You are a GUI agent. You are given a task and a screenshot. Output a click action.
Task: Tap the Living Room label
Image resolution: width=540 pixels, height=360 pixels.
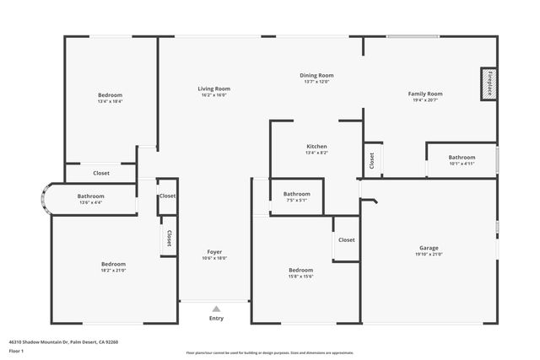pos(213,89)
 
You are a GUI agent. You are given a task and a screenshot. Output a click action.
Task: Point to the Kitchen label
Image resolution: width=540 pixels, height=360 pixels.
pos(316,147)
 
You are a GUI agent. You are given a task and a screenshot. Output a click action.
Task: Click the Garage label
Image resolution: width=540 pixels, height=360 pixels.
pos(428,248)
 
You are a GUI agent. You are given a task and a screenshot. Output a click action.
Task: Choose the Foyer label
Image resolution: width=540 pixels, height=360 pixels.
pos(215,252)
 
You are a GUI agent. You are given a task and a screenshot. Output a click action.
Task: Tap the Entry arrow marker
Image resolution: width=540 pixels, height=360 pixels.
pos(216,309)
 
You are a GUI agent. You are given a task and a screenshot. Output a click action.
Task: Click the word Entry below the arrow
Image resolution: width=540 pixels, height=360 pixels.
pos(216,319)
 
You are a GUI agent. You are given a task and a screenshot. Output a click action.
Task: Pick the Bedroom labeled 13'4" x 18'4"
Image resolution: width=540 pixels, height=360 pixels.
pos(110,95)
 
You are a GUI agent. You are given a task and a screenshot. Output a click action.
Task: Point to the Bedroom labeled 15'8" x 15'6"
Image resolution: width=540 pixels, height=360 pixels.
pos(300,270)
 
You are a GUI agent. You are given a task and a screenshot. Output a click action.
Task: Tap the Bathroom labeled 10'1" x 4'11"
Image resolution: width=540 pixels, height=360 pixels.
pos(462,157)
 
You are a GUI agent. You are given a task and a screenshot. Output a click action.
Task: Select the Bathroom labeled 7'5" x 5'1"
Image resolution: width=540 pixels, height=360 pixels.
pos(296,194)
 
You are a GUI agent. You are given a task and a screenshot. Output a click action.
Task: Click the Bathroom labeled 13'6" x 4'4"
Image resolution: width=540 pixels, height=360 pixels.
pos(90,196)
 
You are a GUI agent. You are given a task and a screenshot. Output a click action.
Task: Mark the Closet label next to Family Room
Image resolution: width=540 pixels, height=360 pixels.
pos(371,159)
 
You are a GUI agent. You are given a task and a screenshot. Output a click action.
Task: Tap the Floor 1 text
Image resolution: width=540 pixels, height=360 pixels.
pos(17,351)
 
